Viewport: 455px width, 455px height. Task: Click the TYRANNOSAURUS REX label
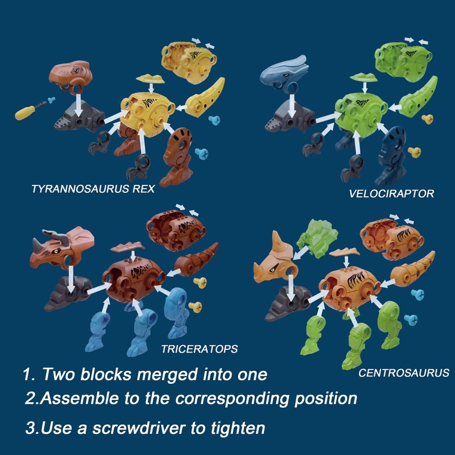coord(93,189)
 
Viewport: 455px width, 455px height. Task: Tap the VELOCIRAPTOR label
coord(391,193)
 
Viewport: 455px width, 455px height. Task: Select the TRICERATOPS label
coord(200,349)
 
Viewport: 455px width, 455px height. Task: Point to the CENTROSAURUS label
coord(404,373)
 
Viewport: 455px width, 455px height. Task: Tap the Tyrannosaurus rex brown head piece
coord(71,77)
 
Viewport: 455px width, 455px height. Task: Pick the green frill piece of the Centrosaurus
coord(317,238)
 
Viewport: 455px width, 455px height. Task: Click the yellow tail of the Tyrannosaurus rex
coord(205,98)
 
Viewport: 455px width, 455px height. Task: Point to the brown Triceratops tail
coord(196,258)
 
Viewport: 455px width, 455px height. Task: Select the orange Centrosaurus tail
coord(412,270)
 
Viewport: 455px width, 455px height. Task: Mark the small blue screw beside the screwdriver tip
coord(51,100)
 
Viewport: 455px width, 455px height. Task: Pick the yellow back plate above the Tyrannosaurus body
coord(150,78)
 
